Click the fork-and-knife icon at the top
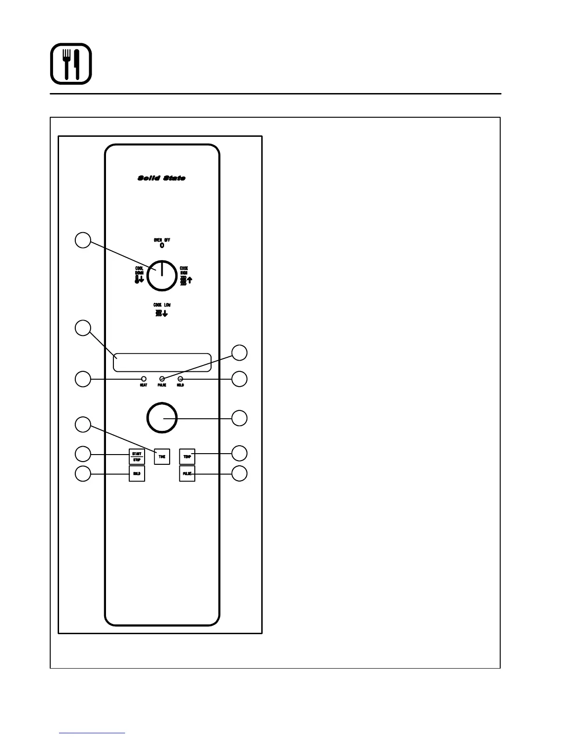click(x=71, y=64)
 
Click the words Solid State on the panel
click(x=161, y=178)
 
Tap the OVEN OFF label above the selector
click(x=162, y=240)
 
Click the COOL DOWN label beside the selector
click(x=139, y=271)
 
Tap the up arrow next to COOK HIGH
click(x=190, y=280)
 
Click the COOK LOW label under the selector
click(x=162, y=305)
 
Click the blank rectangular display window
click(x=162, y=362)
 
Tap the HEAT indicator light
click(x=144, y=379)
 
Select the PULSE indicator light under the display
click(x=162, y=379)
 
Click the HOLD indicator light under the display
click(x=180, y=379)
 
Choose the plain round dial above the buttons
click(x=162, y=417)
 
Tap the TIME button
click(x=162, y=456)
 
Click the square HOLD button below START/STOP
click(x=137, y=473)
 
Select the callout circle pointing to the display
click(x=83, y=328)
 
